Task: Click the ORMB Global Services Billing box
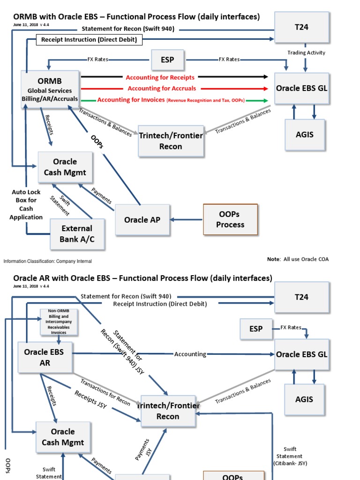click(50, 90)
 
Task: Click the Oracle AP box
click(142, 219)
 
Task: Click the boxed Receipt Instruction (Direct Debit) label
click(89, 40)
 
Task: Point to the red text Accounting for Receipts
click(160, 77)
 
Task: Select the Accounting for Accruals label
click(162, 89)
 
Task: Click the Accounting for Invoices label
click(171, 100)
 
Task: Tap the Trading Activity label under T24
click(306, 52)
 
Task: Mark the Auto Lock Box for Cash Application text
click(26, 204)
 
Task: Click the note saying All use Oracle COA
click(298, 259)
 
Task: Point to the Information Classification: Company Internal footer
click(48, 261)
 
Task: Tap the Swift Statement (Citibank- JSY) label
click(289, 456)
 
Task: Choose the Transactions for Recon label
click(105, 391)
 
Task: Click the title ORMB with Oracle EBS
click(136, 17)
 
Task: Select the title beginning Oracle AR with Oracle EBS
click(142, 278)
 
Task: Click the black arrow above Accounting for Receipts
click(103, 76)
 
